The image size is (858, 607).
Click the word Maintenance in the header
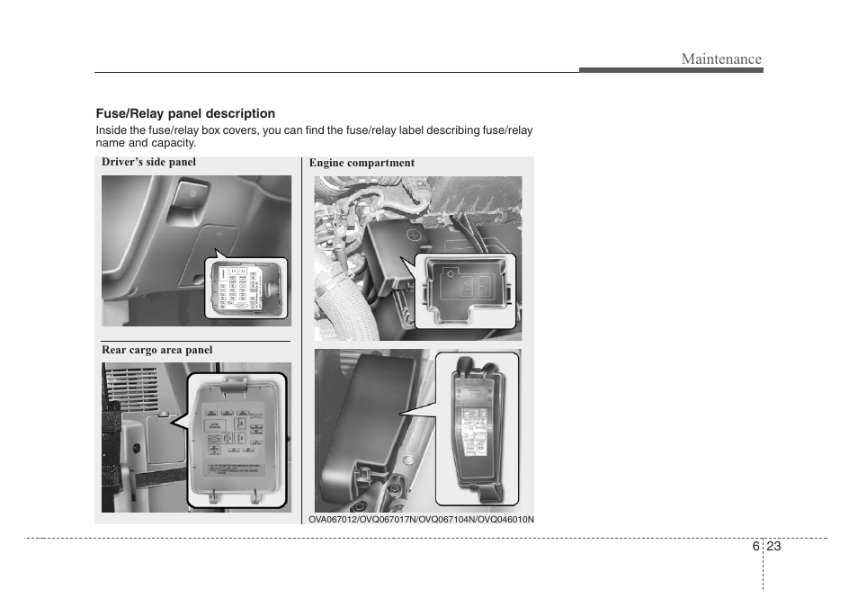click(720, 59)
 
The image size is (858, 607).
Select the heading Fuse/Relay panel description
click(185, 113)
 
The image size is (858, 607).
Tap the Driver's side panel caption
click(148, 162)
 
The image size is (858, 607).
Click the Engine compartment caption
click(362, 163)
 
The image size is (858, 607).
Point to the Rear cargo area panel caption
click(156, 350)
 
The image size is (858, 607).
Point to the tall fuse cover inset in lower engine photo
click(478, 427)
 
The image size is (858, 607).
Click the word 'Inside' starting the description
click(112, 130)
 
